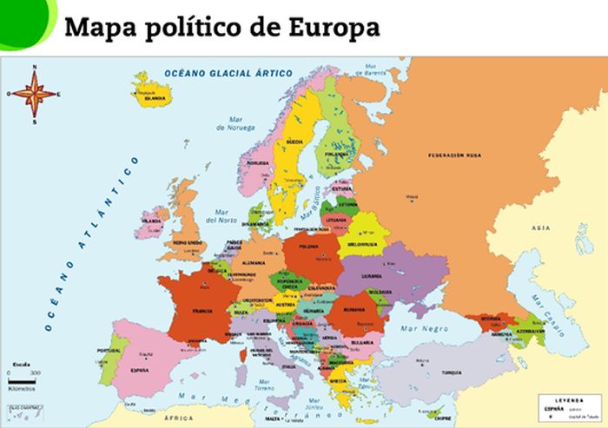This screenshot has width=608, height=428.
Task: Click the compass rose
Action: [x=34, y=93]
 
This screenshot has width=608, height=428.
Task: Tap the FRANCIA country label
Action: [x=202, y=310]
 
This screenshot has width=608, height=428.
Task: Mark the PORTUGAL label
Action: [x=109, y=350]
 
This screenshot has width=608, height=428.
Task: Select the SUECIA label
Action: [x=294, y=141]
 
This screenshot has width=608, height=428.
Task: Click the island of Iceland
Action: [x=152, y=90]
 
